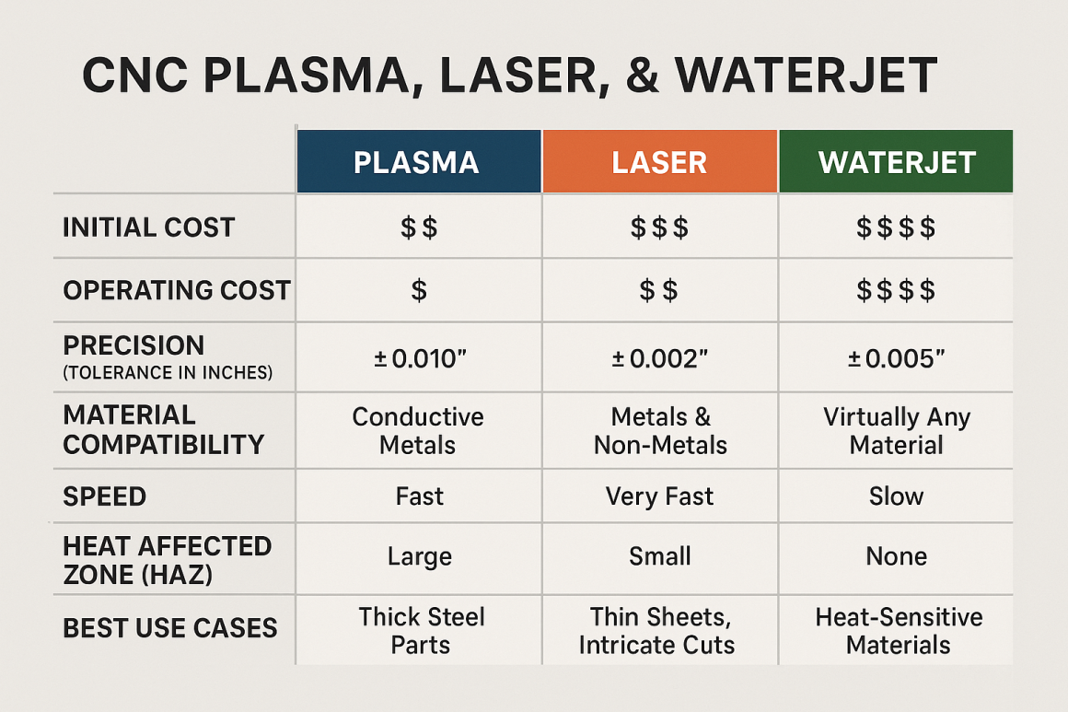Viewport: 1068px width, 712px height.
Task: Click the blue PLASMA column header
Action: click(417, 162)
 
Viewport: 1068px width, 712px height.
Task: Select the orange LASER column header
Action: click(659, 162)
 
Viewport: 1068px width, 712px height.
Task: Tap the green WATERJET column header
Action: click(896, 162)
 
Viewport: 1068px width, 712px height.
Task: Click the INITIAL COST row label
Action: click(149, 228)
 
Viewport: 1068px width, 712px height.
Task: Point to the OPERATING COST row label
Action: click(176, 290)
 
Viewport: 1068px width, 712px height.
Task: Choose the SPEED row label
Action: click(104, 496)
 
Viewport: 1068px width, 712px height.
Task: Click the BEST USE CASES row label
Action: click(169, 628)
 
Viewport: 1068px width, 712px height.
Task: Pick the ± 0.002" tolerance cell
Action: click(659, 357)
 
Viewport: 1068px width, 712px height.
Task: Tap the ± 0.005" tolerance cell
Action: click(896, 357)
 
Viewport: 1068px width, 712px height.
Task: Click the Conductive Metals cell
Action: click(418, 430)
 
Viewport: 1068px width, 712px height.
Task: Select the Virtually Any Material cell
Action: click(896, 430)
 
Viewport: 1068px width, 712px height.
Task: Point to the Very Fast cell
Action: click(659, 496)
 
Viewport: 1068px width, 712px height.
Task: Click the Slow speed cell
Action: click(896, 496)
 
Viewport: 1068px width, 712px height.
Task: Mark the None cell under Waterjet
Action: click(896, 556)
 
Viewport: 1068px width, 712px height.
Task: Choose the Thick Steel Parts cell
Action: click(421, 630)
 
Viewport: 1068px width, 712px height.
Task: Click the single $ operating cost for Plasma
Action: click(419, 291)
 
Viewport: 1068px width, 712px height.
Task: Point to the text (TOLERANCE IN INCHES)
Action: click(168, 373)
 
